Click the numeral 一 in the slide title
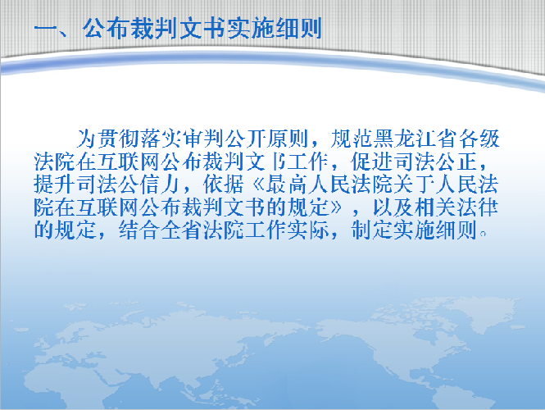tap(46, 29)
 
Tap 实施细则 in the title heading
tap(275, 28)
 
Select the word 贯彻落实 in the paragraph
tap(140, 139)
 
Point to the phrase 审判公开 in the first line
tap(225, 139)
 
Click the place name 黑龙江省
tap(415, 139)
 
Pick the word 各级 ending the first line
tap(479, 139)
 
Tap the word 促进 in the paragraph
tap(372, 162)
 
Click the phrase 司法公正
tap(436, 162)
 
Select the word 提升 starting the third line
tap(55, 184)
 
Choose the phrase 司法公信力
tap(129, 184)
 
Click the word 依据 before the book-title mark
tap(225, 184)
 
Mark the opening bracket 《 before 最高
tap(257, 184)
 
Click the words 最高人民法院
tap(329, 184)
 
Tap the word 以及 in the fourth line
tap(393, 207)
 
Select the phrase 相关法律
tap(457, 207)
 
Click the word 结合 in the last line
tap(139, 230)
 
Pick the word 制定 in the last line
tap(372, 230)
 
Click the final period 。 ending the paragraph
tap(482, 234)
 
